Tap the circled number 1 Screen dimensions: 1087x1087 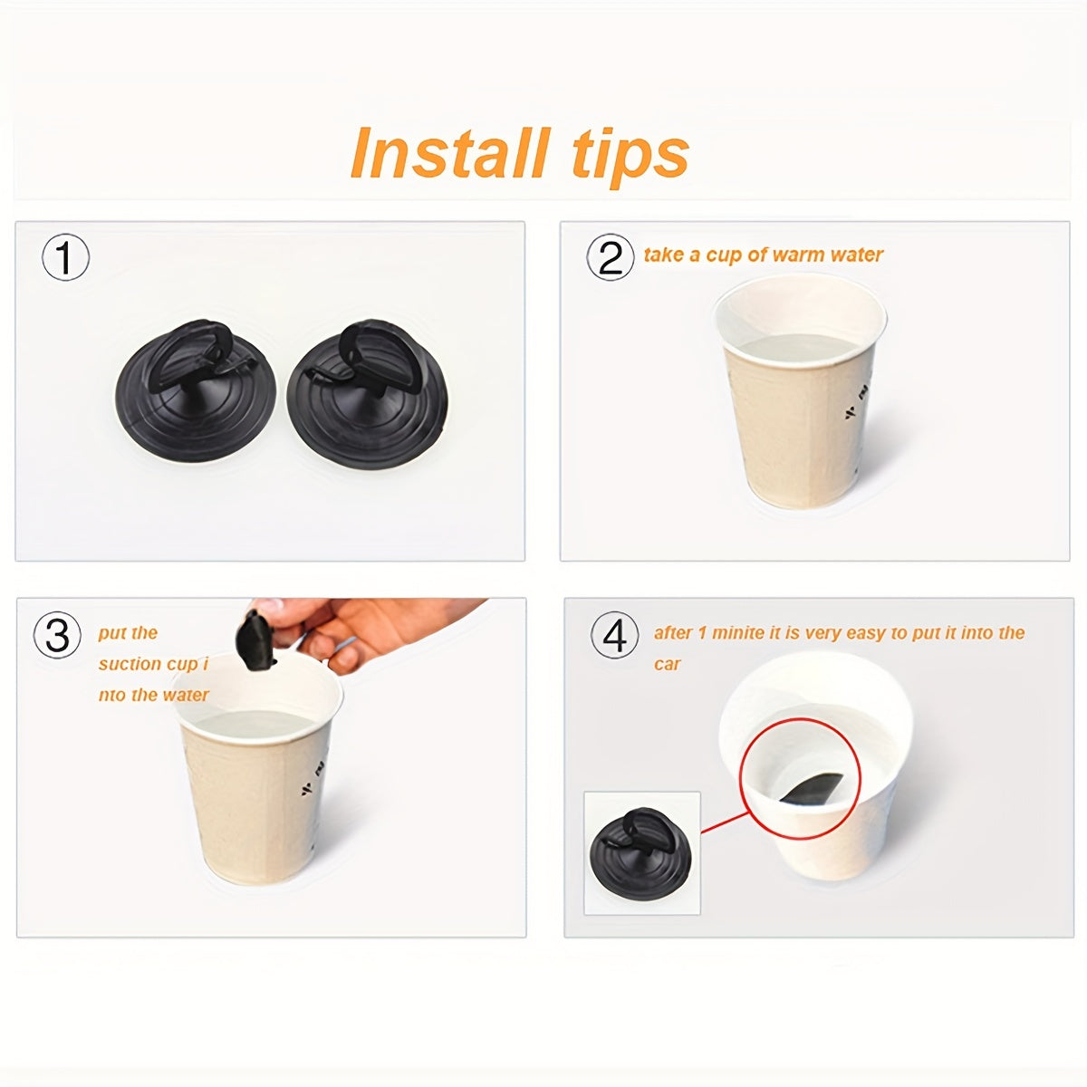coord(65,256)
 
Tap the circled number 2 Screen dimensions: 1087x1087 coord(610,257)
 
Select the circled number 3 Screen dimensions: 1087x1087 coord(57,635)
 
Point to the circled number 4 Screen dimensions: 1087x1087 coord(614,636)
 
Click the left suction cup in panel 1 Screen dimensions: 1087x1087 coord(196,390)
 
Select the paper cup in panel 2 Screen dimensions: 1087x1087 coord(799,390)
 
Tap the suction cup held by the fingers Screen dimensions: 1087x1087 coord(255,640)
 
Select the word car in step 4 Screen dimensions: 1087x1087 coord(668,664)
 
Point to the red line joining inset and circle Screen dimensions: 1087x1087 coord(725,822)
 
